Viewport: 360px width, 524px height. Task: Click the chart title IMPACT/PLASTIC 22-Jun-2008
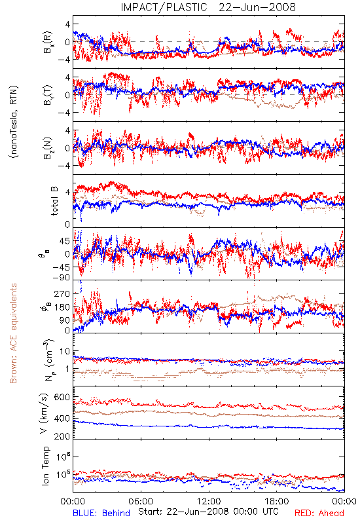pos(208,7)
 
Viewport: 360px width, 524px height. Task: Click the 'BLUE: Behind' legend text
pos(101,513)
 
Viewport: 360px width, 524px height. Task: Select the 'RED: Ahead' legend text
pos(319,513)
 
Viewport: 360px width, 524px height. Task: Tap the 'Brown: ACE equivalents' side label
pos(13,333)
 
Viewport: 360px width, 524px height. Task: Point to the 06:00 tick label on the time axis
pos(141,501)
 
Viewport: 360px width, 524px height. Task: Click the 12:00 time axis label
pos(209,501)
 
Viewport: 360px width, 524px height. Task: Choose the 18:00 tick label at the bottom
pos(277,501)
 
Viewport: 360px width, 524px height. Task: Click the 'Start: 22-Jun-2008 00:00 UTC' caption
pos(208,512)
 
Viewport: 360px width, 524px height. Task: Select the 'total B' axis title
pos(54,201)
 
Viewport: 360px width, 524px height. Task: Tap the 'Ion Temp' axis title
pos(45,466)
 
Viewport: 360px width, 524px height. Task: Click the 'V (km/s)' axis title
pos(44,413)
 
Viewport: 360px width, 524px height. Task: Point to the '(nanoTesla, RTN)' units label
pos(14,122)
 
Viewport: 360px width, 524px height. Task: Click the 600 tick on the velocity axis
pos(62,398)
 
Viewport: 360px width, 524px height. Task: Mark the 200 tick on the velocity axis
pos(62,436)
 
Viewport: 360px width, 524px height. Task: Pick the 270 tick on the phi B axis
pos(62,293)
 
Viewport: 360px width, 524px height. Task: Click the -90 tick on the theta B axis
pos(61,277)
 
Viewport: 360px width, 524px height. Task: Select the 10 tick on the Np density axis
pos(65,351)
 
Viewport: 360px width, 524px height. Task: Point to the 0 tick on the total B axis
pos(67,225)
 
